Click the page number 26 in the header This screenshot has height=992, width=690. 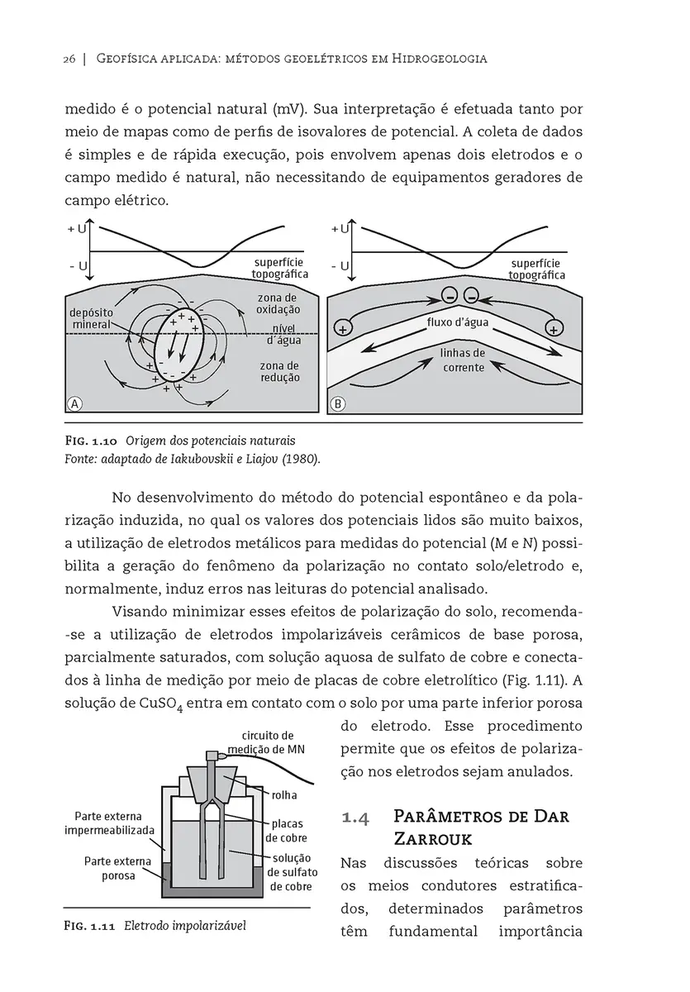coord(69,59)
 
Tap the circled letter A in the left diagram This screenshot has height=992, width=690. coord(75,404)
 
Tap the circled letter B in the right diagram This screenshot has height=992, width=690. coord(337,404)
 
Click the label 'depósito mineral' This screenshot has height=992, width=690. coord(92,319)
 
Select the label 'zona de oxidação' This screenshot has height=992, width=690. coord(277,303)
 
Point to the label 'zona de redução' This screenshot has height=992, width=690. coord(279,371)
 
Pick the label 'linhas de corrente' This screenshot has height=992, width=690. coord(463,360)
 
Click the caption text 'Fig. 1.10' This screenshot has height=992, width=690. coord(92,439)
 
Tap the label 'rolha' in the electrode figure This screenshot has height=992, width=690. coord(284,795)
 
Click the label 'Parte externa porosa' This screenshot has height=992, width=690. coord(118,868)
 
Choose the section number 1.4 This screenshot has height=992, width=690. coord(355,818)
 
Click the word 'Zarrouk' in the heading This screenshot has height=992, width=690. coord(437,839)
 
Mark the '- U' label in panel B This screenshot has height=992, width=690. coord(340,266)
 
